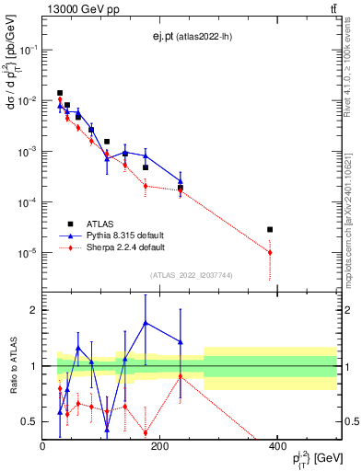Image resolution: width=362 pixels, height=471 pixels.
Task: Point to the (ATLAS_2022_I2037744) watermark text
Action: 192,275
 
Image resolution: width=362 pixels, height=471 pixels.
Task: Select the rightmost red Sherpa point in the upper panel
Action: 270,252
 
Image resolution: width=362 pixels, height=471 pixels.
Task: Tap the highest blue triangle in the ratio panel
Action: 146,323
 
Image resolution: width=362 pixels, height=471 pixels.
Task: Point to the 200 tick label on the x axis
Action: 159,447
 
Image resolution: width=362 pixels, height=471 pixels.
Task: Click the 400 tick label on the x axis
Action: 277,447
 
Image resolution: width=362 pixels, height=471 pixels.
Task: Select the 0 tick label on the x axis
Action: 42,447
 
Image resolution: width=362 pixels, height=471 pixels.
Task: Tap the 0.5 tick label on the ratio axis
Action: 30,421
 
